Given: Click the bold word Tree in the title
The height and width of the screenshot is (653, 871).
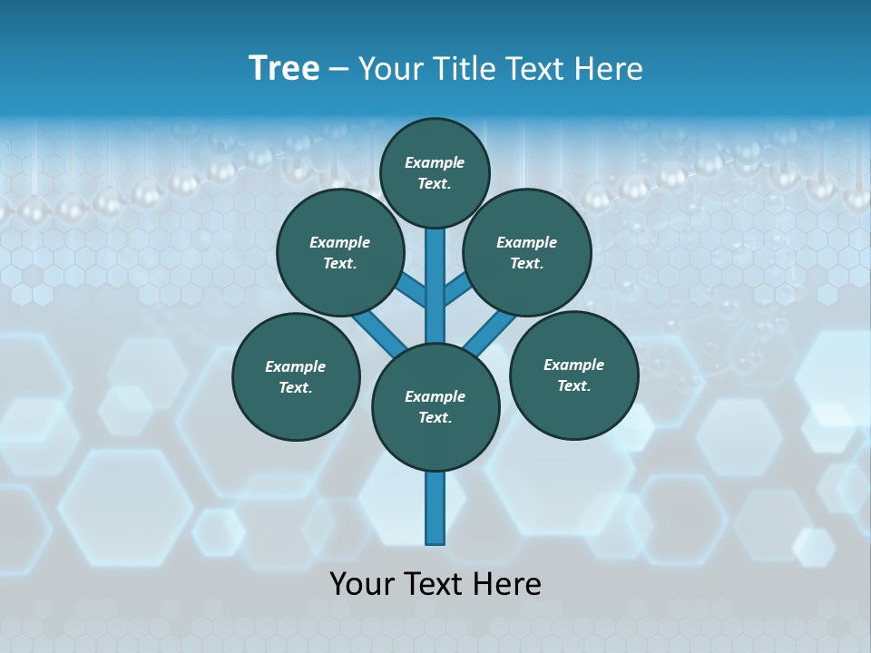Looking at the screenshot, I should coord(284,69).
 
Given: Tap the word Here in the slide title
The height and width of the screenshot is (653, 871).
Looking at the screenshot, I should coord(612,69).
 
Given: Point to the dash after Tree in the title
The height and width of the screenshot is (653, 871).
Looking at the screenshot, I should coord(338,70).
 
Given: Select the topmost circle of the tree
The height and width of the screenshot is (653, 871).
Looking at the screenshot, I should coord(435,172).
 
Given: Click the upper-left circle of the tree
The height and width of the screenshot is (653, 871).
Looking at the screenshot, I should coord(340,252).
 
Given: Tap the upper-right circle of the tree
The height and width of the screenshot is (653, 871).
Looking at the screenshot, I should coord(527,252).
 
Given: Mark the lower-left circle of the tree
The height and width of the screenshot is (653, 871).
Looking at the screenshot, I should coord(296,376).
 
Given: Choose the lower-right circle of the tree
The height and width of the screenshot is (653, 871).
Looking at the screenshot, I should coord(573,375).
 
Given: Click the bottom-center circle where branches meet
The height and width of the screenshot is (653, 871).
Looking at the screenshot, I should coord(435,407).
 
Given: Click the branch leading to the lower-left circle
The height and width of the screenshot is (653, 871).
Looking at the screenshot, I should coord(377,331).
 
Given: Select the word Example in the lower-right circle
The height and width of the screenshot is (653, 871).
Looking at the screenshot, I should coord(573,365).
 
